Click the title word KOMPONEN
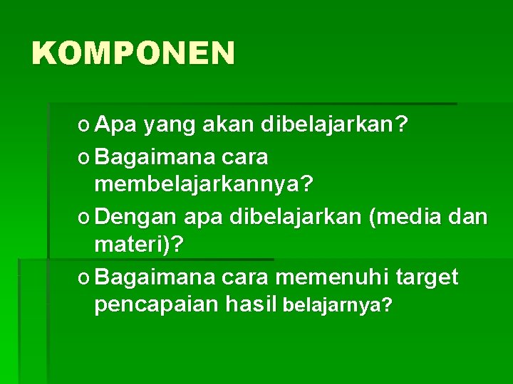click(133, 53)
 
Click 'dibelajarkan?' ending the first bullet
click(335, 126)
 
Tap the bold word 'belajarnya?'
click(337, 306)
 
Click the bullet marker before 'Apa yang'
click(85, 127)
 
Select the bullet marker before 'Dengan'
click(85, 217)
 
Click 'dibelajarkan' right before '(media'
click(296, 215)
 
